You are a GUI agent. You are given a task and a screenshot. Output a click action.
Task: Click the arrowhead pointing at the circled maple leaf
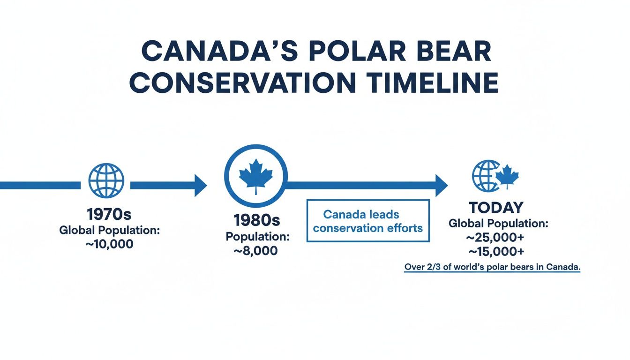coord(200,186)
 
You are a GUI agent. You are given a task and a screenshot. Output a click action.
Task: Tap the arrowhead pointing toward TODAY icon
coord(441,186)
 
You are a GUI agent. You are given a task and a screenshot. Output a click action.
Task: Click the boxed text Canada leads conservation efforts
coord(368,221)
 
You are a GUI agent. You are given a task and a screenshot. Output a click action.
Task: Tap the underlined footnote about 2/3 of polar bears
coord(492,267)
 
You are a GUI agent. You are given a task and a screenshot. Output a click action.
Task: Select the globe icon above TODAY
coord(486,176)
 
